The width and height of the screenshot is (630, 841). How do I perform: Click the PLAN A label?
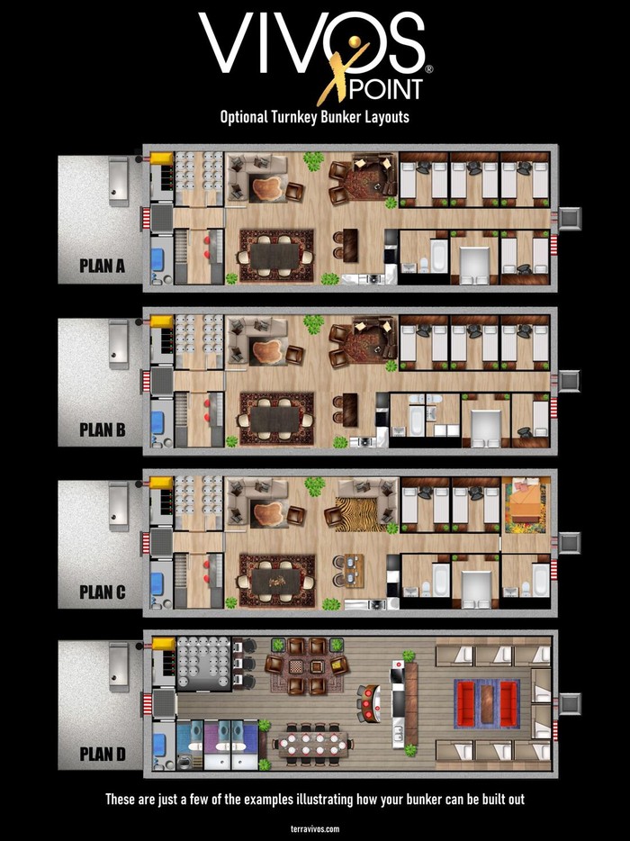102,266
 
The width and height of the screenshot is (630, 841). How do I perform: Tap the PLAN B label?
102,430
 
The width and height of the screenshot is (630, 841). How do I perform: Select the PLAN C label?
102,592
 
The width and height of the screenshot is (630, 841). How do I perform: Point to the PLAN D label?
102,755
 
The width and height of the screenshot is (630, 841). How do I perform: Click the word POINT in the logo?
385,90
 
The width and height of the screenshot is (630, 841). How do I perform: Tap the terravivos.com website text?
315,828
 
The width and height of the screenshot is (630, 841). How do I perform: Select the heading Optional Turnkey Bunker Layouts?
315,117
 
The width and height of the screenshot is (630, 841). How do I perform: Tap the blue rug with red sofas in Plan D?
487,703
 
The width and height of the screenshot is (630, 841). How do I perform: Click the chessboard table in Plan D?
297,666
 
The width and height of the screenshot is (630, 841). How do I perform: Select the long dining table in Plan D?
313,745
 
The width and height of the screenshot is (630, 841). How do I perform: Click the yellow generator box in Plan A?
161,158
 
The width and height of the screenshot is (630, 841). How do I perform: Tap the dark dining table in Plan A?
275,256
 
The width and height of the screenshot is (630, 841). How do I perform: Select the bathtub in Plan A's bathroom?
438,255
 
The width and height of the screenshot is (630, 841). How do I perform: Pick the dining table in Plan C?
276,582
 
